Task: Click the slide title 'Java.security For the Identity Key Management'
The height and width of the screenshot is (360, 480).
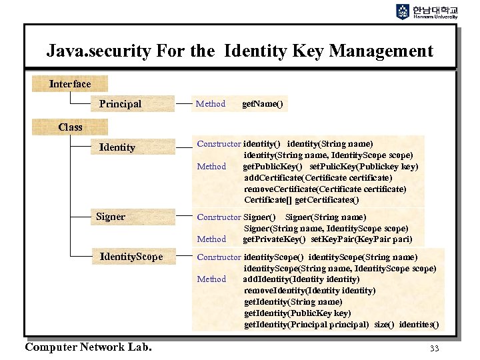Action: pyautogui.click(x=239, y=51)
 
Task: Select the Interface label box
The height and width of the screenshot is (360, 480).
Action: pyautogui.click(x=70, y=83)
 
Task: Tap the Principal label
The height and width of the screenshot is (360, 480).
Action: pyautogui.click(x=120, y=104)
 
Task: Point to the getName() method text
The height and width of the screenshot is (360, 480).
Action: pyautogui.click(x=262, y=104)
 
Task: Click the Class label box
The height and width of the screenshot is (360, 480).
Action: pyautogui.click(x=70, y=127)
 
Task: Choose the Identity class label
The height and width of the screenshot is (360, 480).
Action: pyautogui.click(x=117, y=147)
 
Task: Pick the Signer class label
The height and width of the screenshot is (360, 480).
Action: pyautogui.click(x=111, y=217)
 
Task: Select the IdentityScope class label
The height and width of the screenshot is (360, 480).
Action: pyautogui.click(x=131, y=257)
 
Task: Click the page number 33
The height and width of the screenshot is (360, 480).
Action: pyautogui.click(x=435, y=348)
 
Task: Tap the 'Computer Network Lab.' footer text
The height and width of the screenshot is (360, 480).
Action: pyautogui.click(x=88, y=347)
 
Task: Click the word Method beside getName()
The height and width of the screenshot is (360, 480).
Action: pyautogui.click(x=211, y=104)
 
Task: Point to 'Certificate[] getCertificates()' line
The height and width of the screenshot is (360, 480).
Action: pyautogui.click(x=301, y=200)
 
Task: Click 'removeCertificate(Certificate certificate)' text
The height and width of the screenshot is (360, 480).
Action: pyautogui.click(x=325, y=189)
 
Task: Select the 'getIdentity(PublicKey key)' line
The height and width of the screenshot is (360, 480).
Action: pyautogui.click(x=297, y=313)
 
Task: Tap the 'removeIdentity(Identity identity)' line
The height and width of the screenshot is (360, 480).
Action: pyautogui.click(x=309, y=291)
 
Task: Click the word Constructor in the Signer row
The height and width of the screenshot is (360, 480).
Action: pyautogui.click(x=219, y=217)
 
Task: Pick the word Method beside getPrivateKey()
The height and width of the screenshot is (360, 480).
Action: pyautogui.click(x=211, y=239)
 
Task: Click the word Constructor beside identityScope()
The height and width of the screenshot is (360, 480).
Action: pyautogui.click(x=219, y=257)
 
